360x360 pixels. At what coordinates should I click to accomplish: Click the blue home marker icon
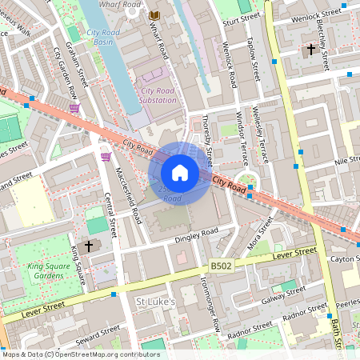coord(180,173)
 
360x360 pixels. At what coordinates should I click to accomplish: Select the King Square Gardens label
coord(45,270)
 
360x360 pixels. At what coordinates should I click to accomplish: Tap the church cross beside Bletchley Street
coord(310,50)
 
